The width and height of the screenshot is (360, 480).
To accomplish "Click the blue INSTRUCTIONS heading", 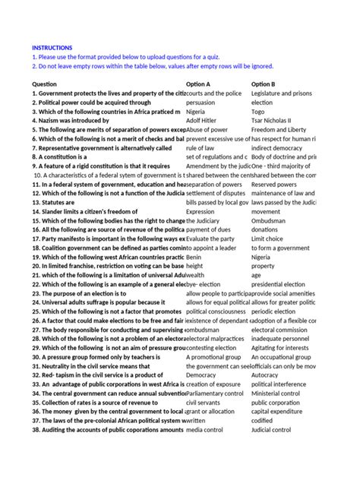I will [52, 47].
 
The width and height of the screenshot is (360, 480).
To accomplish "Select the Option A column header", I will [198, 84].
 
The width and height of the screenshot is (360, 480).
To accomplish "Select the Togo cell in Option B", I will [258, 111].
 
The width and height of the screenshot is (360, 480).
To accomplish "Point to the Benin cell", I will [195, 257].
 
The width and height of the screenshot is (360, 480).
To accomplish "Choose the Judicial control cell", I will [271, 430].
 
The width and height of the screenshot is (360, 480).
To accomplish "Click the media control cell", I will [206, 430].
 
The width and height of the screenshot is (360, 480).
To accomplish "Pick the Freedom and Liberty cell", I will [279, 130].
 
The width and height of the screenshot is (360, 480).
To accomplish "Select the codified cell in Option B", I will [263, 421].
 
